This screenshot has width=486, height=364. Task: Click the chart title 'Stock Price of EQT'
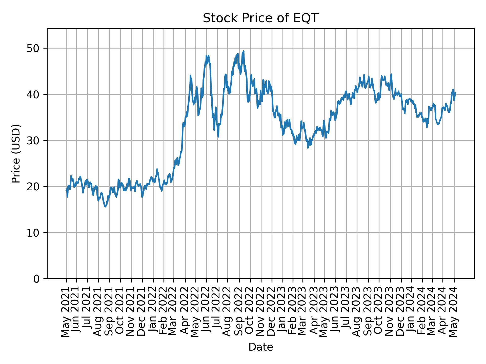click(x=260, y=18)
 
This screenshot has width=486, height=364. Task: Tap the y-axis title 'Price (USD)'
click(x=16, y=153)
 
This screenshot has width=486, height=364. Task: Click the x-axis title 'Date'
click(x=260, y=347)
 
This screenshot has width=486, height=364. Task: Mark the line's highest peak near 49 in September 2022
click(x=244, y=51)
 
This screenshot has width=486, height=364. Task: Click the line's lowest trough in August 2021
click(x=105, y=207)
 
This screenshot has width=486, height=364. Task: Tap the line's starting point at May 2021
click(x=66, y=190)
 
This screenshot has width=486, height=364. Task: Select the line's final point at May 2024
click(x=455, y=93)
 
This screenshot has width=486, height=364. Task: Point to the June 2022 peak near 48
click(x=207, y=55)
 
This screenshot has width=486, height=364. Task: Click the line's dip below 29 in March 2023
click(x=308, y=148)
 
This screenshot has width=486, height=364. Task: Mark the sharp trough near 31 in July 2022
click(x=218, y=137)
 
